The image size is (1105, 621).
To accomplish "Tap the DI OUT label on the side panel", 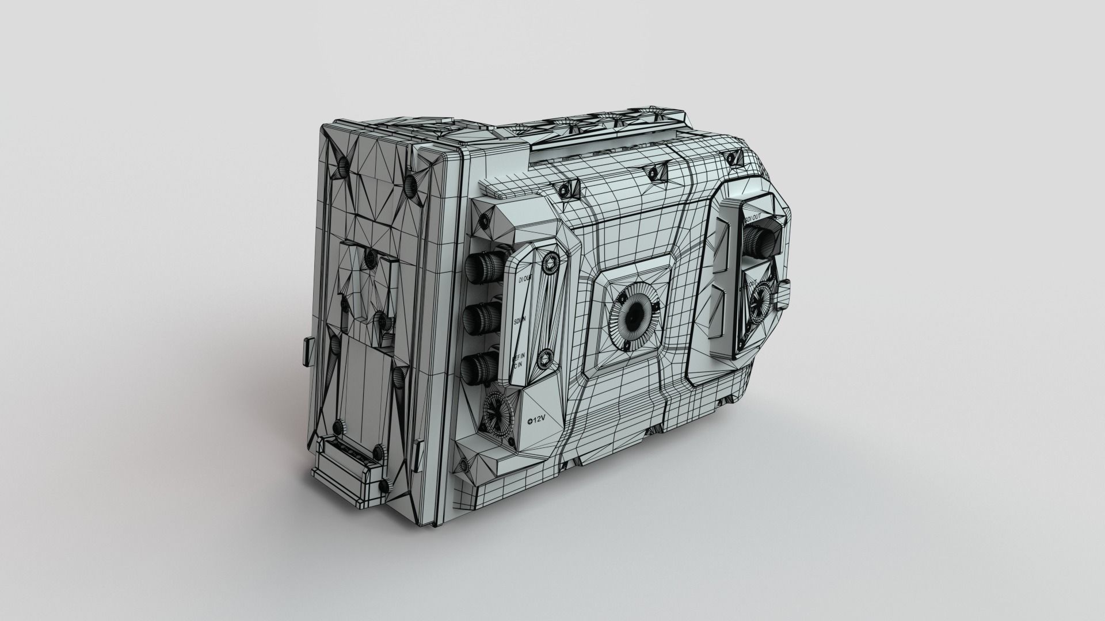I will click(525, 279).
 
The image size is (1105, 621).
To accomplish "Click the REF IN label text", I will click(518, 362).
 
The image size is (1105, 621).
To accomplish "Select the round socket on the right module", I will click(761, 299).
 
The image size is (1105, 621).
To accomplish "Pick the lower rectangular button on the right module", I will click(719, 310).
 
